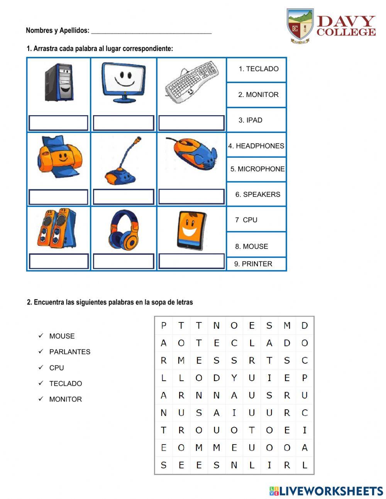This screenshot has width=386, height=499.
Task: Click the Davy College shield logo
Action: point(300,25)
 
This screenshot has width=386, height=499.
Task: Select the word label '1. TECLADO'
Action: point(258,69)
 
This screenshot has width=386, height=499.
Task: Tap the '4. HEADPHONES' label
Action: point(256,146)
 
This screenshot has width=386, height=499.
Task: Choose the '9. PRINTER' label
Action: point(253,264)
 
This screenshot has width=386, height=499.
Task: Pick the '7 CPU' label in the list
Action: point(246,220)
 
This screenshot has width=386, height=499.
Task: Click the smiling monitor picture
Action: point(124,82)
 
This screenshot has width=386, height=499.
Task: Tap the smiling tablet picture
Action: point(191,230)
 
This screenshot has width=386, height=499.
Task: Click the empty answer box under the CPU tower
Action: point(58,123)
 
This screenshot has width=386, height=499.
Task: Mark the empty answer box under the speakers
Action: point(58,261)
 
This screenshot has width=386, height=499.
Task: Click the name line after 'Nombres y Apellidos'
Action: point(151,31)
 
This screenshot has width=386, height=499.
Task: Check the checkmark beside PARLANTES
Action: point(41,351)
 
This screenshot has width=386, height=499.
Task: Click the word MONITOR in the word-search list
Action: point(65,399)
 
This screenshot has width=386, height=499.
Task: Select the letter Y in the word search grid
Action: point(234,378)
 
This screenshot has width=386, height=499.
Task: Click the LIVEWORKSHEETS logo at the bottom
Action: point(326,491)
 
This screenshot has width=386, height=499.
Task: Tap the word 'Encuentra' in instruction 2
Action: point(48,302)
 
